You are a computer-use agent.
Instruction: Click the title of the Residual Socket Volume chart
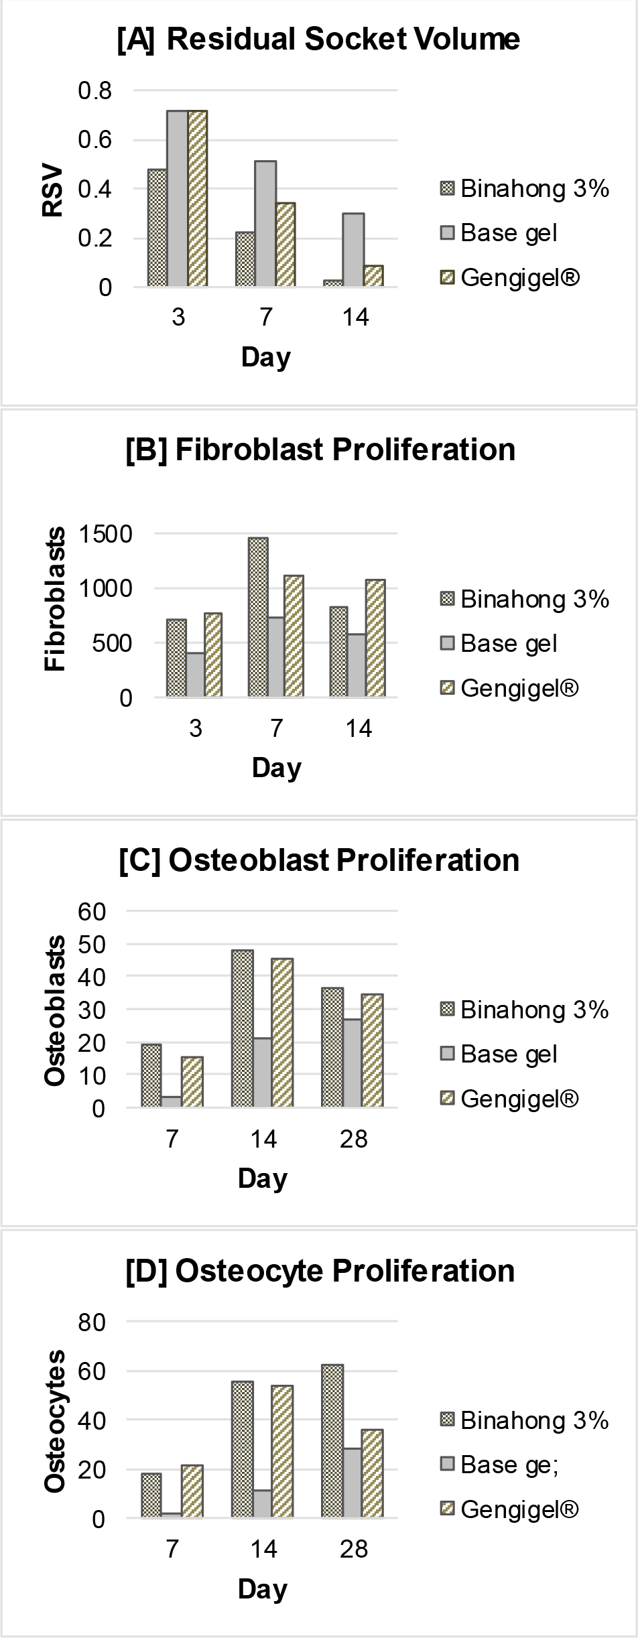tap(318, 39)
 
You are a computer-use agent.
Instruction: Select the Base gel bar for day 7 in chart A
tap(265, 224)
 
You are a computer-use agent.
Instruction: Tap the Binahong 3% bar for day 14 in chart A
tap(333, 283)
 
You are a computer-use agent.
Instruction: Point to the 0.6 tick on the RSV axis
tap(94, 140)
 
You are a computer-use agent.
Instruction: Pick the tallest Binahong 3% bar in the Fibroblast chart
tap(258, 617)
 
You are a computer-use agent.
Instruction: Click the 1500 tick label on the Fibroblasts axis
tap(106, 534)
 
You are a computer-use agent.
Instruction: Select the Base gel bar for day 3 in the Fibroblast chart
tap(195, 675)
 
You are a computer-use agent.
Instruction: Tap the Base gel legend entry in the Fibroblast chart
tap(500, 643)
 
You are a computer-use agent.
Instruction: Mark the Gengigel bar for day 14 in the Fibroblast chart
tap(376, 638)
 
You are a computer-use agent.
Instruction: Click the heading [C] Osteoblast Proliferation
tap(319, 860)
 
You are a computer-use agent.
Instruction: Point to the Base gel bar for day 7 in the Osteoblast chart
tap(172, 1101)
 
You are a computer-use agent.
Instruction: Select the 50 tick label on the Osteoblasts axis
tap(92, 945)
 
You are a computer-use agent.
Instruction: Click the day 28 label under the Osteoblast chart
tap(353, 1139)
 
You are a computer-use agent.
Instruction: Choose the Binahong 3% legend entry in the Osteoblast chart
tap(525, 1010)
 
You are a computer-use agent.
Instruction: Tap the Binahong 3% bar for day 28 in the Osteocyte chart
tap(332, 1440)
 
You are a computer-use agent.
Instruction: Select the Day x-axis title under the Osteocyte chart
tap(263, 1589)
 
